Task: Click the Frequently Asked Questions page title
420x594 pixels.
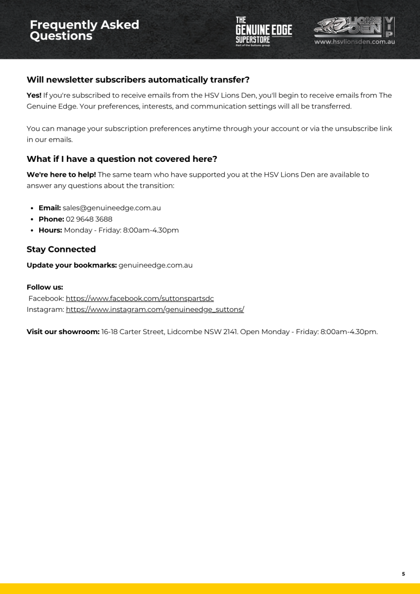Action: point(84,30)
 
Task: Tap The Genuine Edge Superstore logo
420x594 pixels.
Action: point(263,31)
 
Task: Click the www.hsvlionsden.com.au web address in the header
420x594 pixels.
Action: point(354,42)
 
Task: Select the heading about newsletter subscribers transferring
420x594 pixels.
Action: point(138,80)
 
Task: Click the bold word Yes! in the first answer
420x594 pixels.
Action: point(34,95)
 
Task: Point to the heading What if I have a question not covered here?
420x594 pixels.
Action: point(122,159)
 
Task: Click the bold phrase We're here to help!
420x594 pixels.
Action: point(61,174)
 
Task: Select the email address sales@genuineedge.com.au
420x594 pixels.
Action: point(111,208)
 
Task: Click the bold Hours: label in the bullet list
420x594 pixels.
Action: point(50,230)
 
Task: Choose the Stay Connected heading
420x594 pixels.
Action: point(61,249)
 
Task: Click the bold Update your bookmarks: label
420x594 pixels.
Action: point(71,265)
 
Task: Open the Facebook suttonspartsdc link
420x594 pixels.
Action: point(140,298)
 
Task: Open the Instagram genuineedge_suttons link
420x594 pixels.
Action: point(155,309)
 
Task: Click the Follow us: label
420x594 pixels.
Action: point(45,287)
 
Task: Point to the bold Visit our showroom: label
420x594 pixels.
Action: point(63,331)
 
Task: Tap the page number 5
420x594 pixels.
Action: point(403,574)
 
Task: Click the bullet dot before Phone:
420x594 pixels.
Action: point(33,219)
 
